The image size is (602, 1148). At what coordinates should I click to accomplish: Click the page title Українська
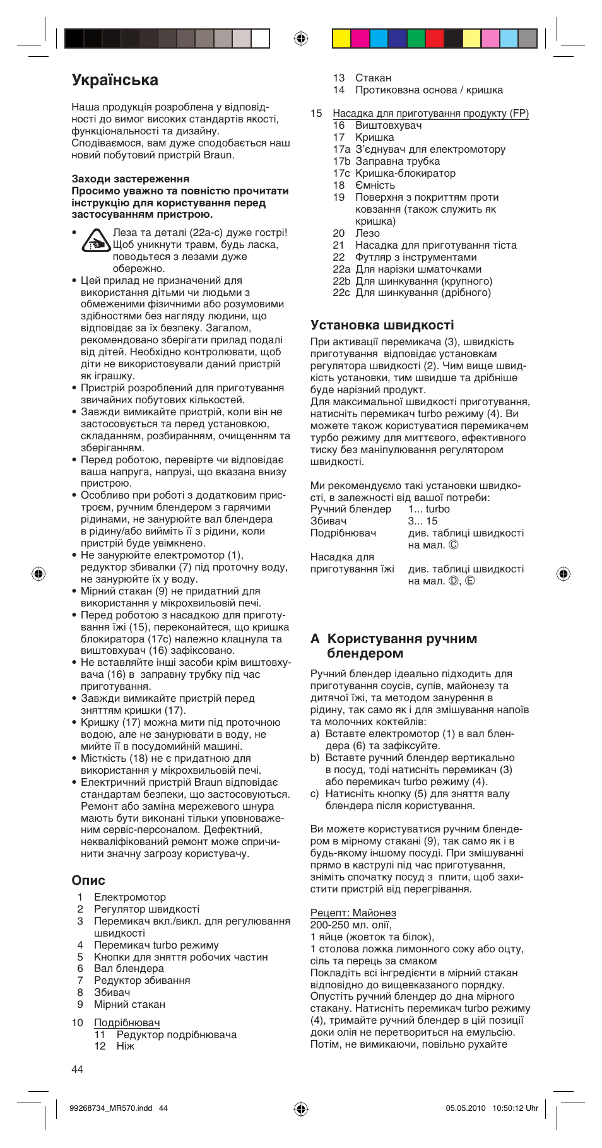point(115,80)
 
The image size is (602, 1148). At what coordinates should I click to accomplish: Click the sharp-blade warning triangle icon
point(96,240)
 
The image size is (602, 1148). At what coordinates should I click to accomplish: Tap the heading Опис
point(88,880)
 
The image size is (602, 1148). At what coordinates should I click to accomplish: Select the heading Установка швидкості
point(382,325)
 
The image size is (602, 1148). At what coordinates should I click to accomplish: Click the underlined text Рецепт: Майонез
point(353,913)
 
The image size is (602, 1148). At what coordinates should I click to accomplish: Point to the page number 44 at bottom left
point(77,1069)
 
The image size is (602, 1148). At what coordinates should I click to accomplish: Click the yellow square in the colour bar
point(341,38)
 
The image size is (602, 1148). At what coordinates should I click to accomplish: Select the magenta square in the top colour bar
point(360,38)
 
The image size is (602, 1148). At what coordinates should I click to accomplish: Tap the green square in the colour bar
point(416,38)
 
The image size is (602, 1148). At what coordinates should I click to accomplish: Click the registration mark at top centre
point(301,38)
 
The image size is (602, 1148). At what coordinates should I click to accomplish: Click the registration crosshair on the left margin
point(38,574)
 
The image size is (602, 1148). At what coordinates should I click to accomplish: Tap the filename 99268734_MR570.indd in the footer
point(110,1108)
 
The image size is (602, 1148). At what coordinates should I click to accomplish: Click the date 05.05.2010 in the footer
point(465,1108)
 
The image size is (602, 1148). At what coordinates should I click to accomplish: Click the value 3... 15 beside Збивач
point(422,521)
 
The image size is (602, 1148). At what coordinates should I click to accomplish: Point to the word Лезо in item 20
point(367,233)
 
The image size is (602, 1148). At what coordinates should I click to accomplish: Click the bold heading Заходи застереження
point(130,179)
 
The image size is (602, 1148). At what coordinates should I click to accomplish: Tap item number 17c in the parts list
point(341,173)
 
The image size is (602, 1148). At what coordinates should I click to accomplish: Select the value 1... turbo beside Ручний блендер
point(428,509)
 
